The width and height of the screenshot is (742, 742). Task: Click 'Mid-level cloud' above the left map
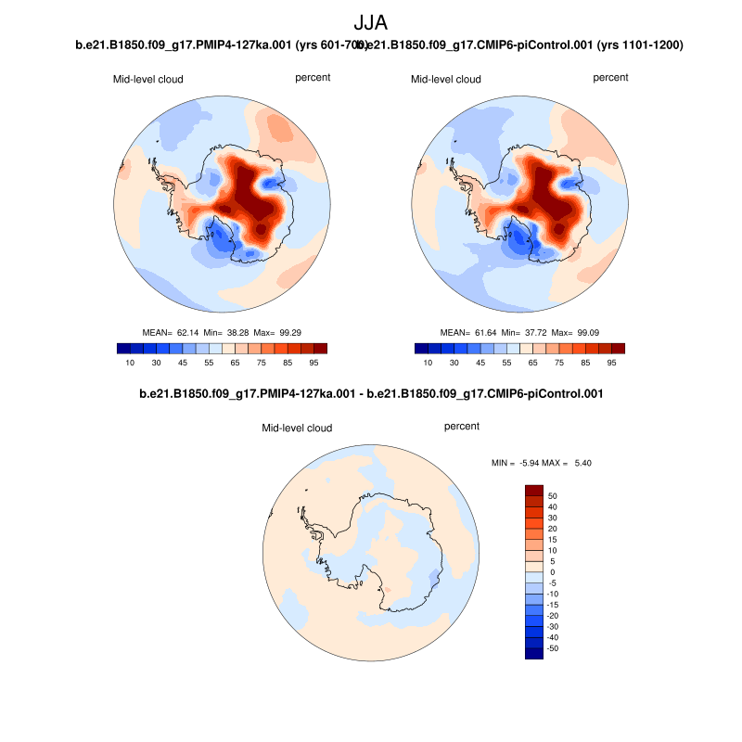pyautogui.click(x=148, y=80)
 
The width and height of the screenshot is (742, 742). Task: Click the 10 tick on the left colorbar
pyautogui.click(x=131, y=363)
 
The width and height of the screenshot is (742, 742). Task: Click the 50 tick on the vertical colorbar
pyautogui.click(x=552, y=495)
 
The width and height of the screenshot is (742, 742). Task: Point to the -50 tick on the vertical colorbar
pyautogui.click(x=554, y=648)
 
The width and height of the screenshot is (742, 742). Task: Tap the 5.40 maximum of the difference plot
pyautogui.click(x=581, y=462)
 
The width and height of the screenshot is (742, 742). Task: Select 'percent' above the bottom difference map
pyautogui.click(x=462, y=427)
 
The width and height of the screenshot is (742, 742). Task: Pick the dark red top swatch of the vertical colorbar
pyautogui.click(x=534, y=490)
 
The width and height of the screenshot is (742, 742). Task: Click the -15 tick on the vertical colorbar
pyautogui.click(x=554, y=605)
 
